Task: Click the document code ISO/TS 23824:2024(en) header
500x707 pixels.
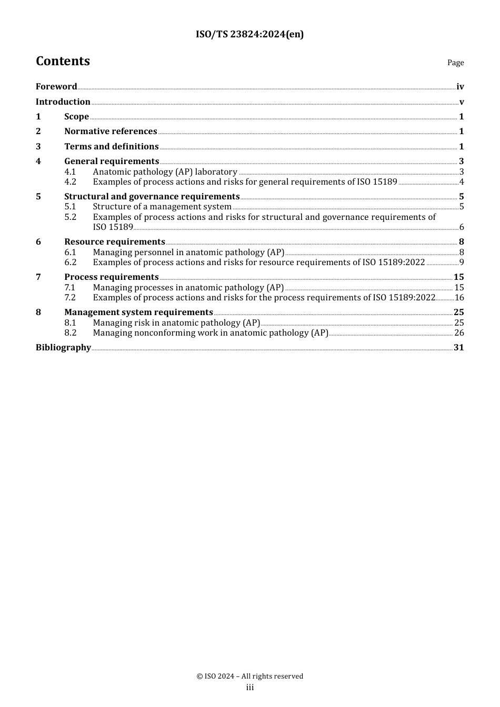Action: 249,34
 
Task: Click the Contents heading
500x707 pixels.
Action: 63,61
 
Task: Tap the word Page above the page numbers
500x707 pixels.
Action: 455,63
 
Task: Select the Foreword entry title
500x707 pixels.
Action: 56,87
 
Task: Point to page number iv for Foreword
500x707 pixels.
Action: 460,87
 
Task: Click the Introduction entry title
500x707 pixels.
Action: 63,102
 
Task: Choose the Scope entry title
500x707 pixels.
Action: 76,117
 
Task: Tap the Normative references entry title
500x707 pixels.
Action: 111,132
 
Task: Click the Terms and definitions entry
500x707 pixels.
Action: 111,147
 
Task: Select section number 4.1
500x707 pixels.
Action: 70,172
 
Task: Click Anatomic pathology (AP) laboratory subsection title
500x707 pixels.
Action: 165,172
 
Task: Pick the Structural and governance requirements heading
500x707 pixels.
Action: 152,197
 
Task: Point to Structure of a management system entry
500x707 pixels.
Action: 162,207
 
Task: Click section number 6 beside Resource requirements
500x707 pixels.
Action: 38,242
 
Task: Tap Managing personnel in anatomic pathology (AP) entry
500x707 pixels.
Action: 188,252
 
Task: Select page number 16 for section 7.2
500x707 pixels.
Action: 459,298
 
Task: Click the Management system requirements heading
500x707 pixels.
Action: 138,312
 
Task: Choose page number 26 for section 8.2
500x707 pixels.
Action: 459,333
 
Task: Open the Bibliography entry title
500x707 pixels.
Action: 63,348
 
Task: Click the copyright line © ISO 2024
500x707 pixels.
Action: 249,676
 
